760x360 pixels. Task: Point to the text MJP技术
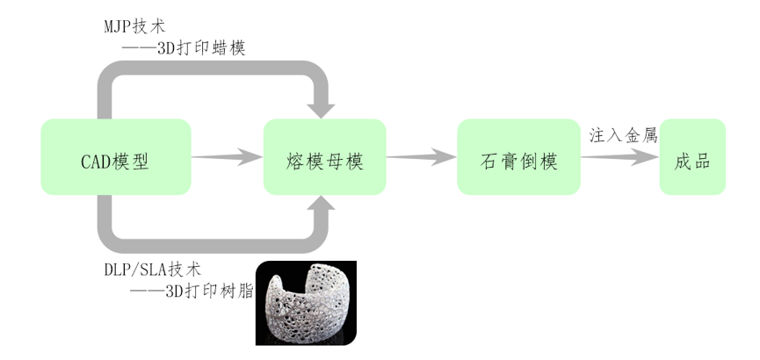[134, 26]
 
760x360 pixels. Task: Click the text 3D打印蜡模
[200, 48]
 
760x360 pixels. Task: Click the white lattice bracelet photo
[306, 303]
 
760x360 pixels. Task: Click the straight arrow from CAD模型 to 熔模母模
[227, 157]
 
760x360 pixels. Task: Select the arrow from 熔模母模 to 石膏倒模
[421, 157]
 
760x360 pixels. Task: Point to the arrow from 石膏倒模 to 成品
[620, 157]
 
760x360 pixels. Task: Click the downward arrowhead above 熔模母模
[323, 107]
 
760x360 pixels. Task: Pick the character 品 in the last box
[703, 162]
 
